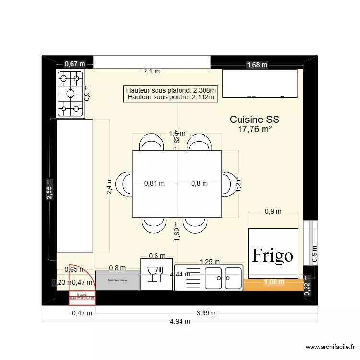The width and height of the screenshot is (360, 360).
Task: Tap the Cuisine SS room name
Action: (254, 119)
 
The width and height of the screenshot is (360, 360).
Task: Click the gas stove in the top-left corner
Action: (71, 93)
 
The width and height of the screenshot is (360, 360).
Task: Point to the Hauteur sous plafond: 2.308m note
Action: (170, 90)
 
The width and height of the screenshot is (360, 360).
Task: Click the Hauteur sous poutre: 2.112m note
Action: (170, 97)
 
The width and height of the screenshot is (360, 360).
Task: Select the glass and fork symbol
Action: (156, 274)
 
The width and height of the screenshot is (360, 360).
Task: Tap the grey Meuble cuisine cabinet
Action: (118, 280)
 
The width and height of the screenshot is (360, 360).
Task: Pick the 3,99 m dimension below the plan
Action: (207, 313)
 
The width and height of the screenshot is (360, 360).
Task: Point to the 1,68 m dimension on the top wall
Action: (257, 65)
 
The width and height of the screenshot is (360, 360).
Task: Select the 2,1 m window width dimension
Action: (151, 71)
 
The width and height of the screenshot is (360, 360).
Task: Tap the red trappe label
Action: (82, 294)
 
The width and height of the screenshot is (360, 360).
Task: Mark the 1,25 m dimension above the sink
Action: (209, 262)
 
